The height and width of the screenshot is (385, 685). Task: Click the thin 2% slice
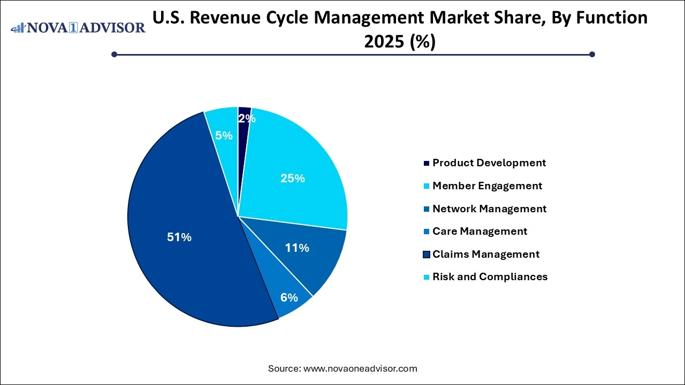click(244, 115)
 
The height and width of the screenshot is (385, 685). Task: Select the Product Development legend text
click(489, 163)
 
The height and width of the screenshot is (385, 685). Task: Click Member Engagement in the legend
click(487, 186)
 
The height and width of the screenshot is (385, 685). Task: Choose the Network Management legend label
click(489, 209)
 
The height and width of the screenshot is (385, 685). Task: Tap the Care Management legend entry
click(479, 231)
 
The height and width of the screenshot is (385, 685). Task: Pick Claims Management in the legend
click(486, 254)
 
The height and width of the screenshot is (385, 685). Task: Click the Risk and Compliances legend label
click(490, 276)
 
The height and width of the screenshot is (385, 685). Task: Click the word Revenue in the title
click(225, 18)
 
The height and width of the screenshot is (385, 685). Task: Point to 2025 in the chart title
click(384, 42)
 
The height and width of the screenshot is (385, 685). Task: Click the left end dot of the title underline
click(114, 54)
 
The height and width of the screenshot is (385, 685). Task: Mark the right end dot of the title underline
click(592, 54)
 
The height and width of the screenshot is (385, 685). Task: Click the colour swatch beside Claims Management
click(426, 255)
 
